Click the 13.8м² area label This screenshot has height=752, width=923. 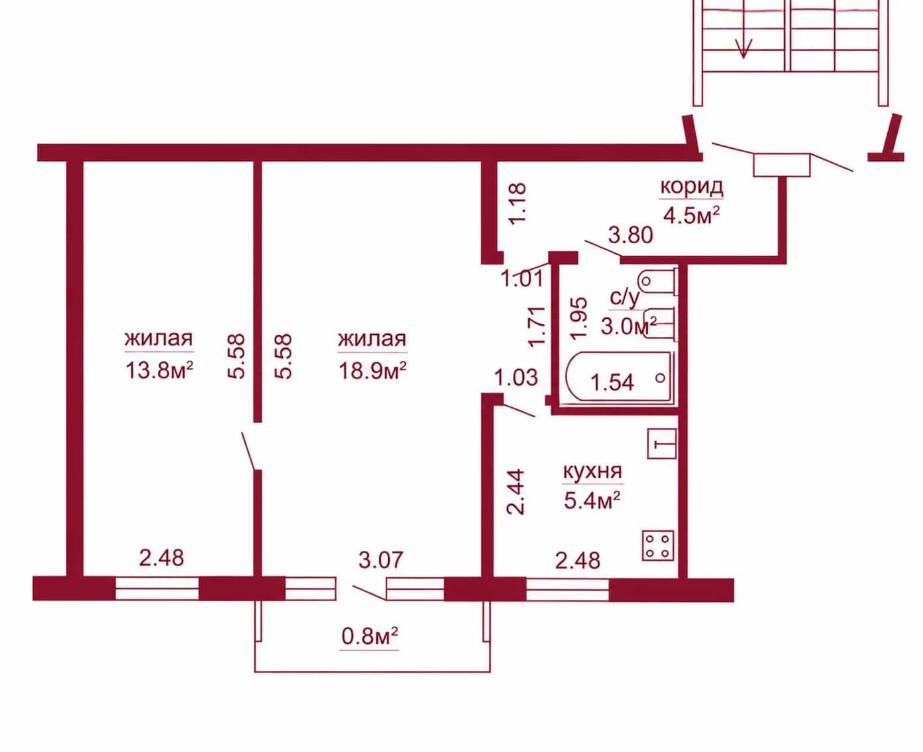(x=159, y=371)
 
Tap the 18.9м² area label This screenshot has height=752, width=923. (x=373, y=371)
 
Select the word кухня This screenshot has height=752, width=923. (x=592, y=471)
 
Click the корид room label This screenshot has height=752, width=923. (x=692, y=187)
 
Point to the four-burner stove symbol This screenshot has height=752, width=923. (x=658, y=545)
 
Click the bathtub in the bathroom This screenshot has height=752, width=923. (x=620, y=378)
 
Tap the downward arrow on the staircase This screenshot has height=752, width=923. (x=743, y=48)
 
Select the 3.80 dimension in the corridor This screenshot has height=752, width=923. (x=630, y=235)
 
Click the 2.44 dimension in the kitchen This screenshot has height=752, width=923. (x=516, y=492)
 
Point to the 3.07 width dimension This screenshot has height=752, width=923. (x=381, y=559)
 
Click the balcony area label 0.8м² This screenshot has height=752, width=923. (x=369, y=636)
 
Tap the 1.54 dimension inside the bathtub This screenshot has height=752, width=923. (x=612, y=382)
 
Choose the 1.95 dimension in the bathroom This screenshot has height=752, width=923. (x=579, y=319)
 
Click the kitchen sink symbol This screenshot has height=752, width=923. (x=661, y=443)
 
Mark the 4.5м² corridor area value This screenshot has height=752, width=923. (x=692, y=215)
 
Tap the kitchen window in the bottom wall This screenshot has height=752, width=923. (x=568, y=589)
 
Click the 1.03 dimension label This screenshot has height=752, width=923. (x=516, y=377)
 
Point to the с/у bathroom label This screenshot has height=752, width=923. (x=624, y=298)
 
